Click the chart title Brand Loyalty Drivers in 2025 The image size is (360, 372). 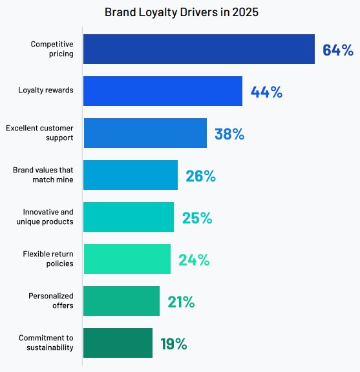[180, 12]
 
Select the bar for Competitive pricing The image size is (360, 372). [199, 49]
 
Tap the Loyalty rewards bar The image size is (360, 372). [163, 91]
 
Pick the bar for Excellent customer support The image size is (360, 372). [145, 133]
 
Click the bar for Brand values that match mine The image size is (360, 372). [131, 175]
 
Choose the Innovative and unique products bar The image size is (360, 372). [129, 217]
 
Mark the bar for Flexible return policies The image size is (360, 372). [127, 259]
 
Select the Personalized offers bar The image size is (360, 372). [122, 301]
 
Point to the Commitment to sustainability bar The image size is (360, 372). [118, 343]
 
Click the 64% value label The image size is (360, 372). [338, 50]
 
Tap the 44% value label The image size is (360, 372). [266, 92]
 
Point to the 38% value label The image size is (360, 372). [229, 134]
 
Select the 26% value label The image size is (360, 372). [200, 176]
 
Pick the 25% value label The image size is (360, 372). [196, 218]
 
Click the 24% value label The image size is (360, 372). [194, 260]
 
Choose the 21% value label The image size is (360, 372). [181, 302]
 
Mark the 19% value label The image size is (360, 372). [173, 344]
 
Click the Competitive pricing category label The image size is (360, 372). [52, 49]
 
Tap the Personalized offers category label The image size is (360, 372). [50, 301]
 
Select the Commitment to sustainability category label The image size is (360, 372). [46, 343]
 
